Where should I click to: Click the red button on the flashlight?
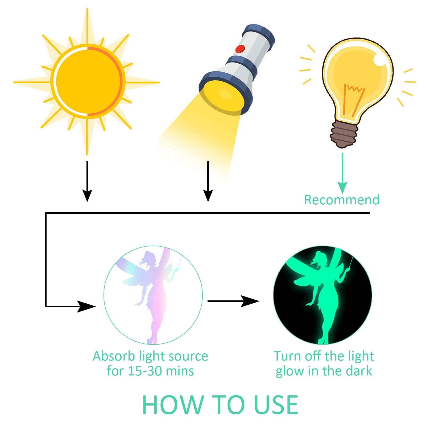[x=240, y=49]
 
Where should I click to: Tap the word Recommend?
[x=342, y=200]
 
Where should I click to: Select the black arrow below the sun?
[x=87, y=181]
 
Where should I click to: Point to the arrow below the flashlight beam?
[x=208, y=181]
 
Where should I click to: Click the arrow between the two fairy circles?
[x=233, y=301]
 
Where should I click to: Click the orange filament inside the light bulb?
[x=353, y=100]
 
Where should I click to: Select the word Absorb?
[x=114, y=356]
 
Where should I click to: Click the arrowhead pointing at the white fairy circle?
[x=86, y=307]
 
